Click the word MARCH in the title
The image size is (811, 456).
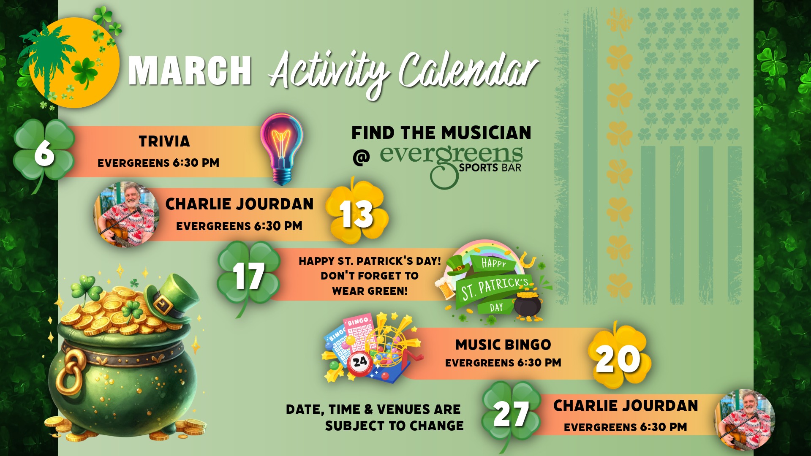(x=190, y=71)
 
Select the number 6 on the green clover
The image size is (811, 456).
(x=44, y=152)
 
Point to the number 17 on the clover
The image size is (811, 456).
(x=249, y=276)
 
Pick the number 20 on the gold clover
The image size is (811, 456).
(x=618, y=359)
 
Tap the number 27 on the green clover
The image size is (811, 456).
(x=511, y=414)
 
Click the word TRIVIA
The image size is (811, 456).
(x=164, y=141)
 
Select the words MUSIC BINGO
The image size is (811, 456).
(x=503, y=345)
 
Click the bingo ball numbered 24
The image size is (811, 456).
(x=360, y=362)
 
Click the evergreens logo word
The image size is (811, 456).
(x=451, y=155)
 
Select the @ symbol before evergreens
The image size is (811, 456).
(x=361, y=157)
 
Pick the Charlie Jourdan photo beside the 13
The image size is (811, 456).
(x=126, y=214)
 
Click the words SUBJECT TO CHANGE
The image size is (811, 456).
(x=394, y=426)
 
